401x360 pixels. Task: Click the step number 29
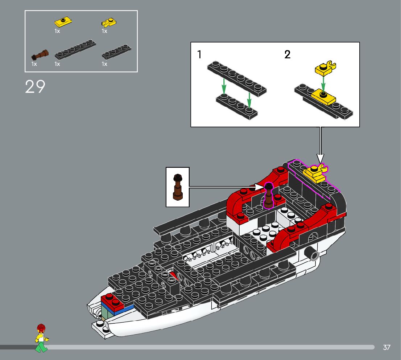click(x=35, y=87)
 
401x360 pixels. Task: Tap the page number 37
click(x=386, y=347)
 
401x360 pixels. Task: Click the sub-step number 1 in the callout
click(x=199, y=55)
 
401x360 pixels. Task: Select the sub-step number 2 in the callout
click(x=288, y=55)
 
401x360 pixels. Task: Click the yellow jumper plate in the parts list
click(x=63, y=22)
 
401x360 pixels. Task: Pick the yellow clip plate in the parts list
click(x=108, y=23)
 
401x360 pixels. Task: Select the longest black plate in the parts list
click(x=75, y=49)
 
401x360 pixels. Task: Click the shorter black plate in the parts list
click(x=116, y=52)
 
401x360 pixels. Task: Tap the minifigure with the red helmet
click(x=41, y=338)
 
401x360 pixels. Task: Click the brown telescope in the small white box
click(x=178, y=187)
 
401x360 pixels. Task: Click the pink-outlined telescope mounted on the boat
click(x=268, y=196)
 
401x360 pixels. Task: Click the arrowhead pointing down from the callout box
click(x=320, y=158)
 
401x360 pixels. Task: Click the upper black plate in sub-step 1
click(x=237, y=78)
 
